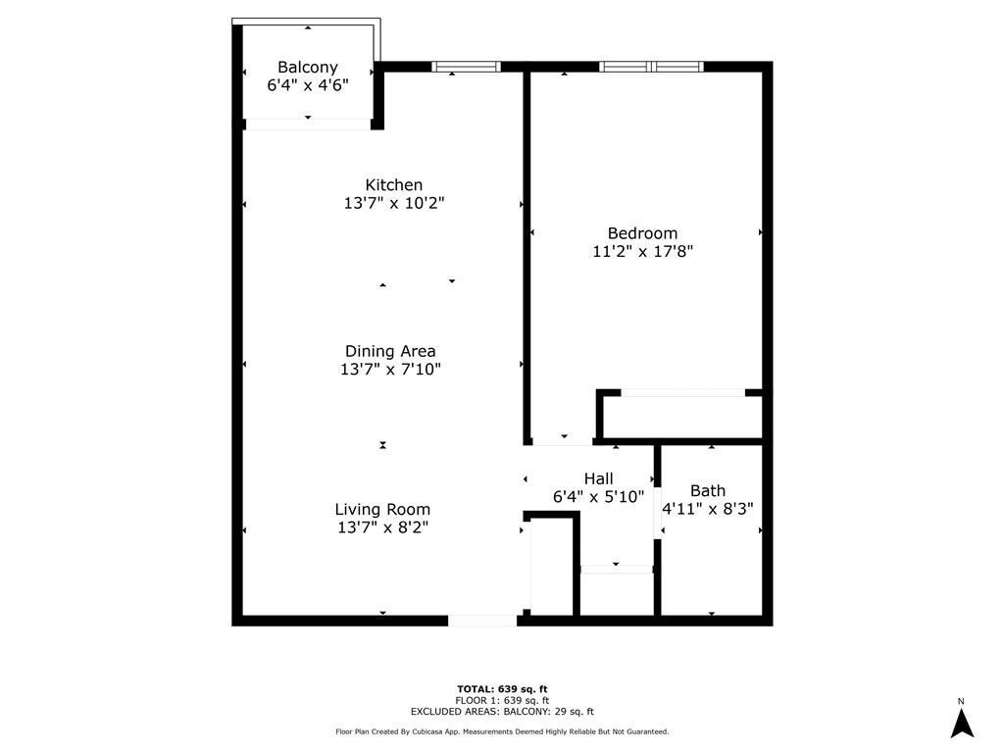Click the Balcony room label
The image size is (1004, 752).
308,68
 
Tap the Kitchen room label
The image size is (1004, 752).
394,185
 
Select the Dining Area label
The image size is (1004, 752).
390,351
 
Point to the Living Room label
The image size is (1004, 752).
382,510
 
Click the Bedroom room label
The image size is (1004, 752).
643,233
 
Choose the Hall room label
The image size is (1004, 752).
598,478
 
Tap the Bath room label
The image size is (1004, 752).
708,490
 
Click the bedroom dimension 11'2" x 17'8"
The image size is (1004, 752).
643,252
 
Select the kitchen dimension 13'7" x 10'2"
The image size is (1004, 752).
394,204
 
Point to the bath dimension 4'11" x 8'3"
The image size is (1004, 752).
708,509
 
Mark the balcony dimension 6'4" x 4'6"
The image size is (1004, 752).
308,85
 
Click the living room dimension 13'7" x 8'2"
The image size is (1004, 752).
382,527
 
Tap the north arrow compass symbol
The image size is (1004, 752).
962,723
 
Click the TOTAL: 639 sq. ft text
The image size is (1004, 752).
502,688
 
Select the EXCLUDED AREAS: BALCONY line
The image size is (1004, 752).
502,712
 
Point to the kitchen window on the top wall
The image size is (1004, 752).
467,67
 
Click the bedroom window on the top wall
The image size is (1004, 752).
652,67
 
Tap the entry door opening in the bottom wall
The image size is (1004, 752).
482,621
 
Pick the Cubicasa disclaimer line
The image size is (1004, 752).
502,731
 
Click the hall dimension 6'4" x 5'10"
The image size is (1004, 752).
598,497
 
